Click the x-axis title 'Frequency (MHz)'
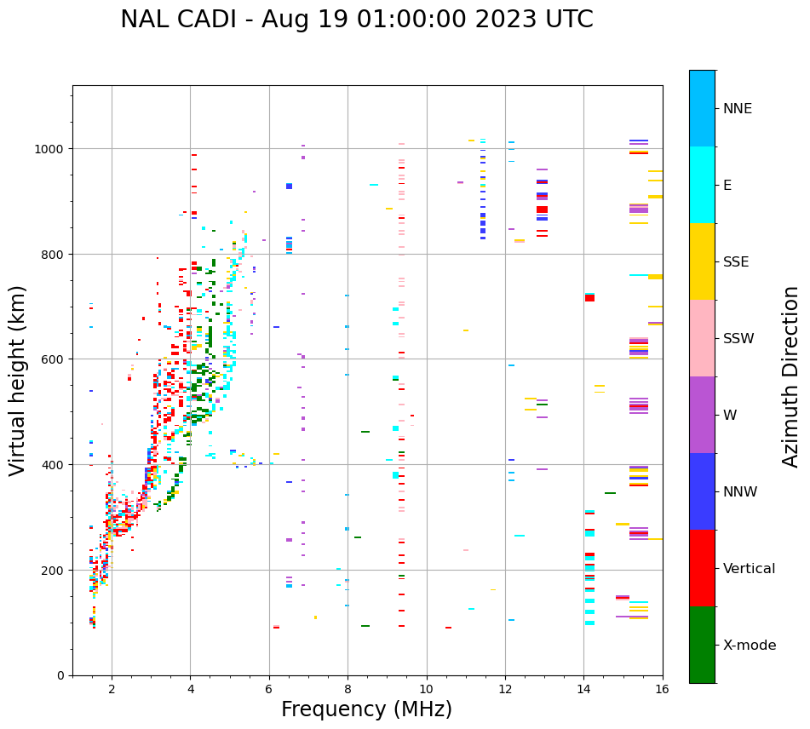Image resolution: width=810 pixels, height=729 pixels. point(366,709)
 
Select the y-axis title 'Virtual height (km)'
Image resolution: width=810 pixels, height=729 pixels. point(18,380)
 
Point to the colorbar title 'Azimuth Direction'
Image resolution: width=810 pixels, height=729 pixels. point(791,376)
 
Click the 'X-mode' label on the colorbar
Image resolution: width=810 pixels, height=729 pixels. point(749,646)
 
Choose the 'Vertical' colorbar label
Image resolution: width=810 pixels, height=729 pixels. point(749,569)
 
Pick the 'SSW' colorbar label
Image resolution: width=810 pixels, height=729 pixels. point(738,339)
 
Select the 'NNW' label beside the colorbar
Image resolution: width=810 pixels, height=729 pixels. point(740,492)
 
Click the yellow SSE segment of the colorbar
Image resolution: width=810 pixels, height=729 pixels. point(702,261)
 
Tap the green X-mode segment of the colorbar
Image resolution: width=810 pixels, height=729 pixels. point(702,645)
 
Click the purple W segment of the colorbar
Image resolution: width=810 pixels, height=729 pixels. point(702,415)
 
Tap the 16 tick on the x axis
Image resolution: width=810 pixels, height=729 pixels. point(662,690)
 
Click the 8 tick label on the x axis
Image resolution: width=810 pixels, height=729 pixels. point(348,690)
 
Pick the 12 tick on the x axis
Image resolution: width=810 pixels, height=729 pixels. point(505,690)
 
